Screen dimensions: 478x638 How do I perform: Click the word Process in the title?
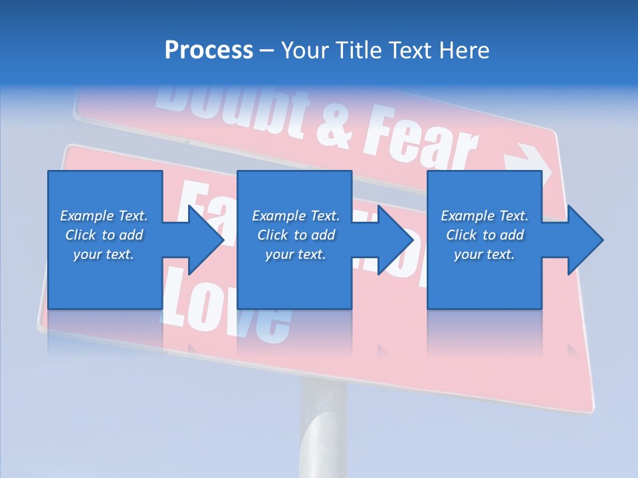tap(209, 50)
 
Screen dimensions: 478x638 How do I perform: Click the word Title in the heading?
tap(357, 50)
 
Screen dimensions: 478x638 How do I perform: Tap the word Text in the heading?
tap(411, 50)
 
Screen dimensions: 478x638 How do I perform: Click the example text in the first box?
tap(104, 235)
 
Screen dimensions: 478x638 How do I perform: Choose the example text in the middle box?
tap(296, 235)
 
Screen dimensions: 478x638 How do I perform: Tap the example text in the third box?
tap(484, 235)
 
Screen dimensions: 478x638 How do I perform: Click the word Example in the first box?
tap(86, 216)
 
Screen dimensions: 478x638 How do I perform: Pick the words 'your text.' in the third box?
tap(484, 254)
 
